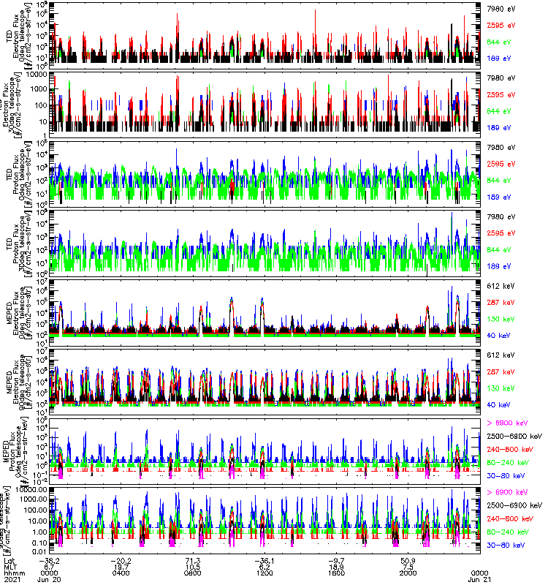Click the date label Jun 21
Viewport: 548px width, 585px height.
(x=479, y=580)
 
